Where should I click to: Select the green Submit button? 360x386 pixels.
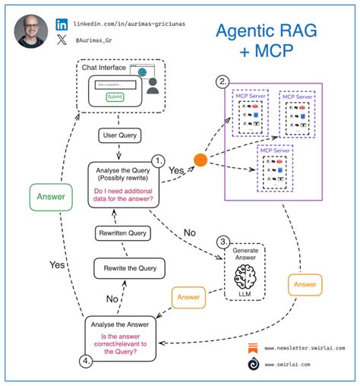coord(115,96)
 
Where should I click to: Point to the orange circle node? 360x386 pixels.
coord(201,160)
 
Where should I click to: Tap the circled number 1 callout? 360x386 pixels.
coord(159,161)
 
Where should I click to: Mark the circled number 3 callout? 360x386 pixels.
coord(223,242)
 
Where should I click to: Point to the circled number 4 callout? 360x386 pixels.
coord(87,362)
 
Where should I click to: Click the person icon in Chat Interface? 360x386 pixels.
coord(153,85)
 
